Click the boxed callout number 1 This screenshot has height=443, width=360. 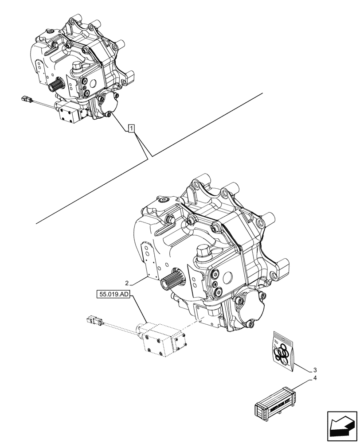pyautogui.click(x=131, y=128)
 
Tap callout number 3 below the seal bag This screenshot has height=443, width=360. pyautogui.click(x=314, y=370)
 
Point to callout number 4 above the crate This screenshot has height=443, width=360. pyautogui.click(x=314, y=379)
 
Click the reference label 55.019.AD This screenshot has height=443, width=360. pyautogui.click(x=112, y=294)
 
